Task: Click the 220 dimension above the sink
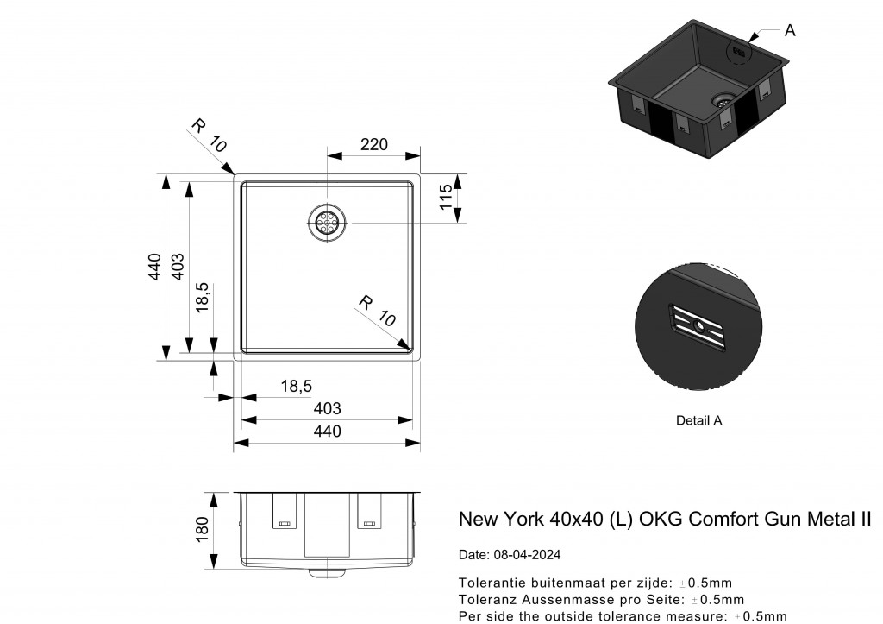373,144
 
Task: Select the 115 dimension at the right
446,199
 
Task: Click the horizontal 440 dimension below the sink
327,432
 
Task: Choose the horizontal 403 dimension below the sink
327,408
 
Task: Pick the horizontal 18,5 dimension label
296,387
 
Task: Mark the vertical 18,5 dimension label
201,299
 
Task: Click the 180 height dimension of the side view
203,530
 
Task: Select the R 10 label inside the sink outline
377,312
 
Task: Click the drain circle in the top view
327,224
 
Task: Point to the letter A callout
790,31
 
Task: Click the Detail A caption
698,421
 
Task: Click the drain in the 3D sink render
723,99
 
